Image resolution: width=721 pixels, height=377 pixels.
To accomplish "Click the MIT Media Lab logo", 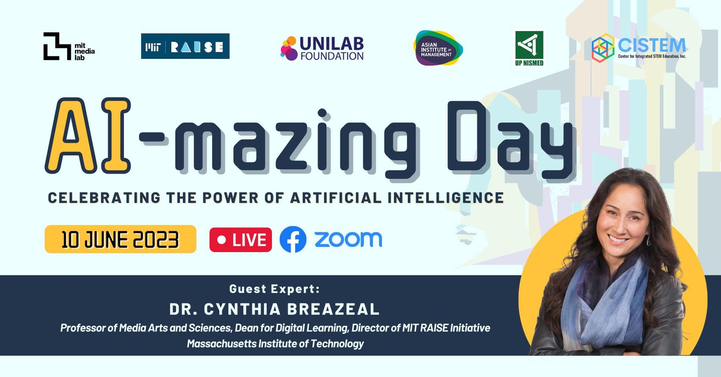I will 68,47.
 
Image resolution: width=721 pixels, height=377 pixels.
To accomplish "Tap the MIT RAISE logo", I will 185,46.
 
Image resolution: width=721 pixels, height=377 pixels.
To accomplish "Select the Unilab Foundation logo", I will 322,49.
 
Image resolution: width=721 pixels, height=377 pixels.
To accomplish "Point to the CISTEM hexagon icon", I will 603,48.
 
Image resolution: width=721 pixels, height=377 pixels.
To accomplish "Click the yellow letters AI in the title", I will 88,135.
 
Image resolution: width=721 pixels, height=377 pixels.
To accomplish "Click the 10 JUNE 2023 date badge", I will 120,239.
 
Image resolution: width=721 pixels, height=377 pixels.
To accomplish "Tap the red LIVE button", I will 241,240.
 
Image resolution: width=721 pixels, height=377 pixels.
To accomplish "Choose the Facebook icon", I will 293,239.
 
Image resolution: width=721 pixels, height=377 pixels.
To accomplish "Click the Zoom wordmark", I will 348,239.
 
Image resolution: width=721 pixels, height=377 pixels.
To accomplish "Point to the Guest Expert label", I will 274,289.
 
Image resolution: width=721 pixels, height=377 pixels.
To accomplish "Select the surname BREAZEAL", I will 333,309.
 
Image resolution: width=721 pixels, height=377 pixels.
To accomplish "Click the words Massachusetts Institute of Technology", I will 275,344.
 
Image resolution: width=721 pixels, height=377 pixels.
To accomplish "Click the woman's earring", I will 648,240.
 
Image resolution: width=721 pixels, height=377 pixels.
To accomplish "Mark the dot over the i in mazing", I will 322,113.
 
